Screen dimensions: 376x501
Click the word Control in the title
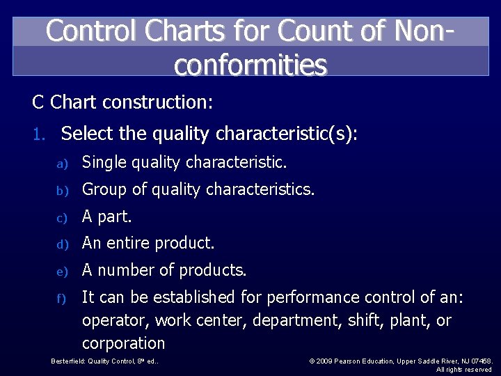point(87,31)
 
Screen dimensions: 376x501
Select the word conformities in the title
point(250,65)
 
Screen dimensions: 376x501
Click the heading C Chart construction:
point(122,103)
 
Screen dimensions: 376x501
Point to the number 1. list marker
point(39,134)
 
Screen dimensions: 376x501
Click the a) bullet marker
point(61,164)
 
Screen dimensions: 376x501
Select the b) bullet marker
point(61,190)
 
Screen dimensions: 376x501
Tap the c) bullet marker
point(61,217)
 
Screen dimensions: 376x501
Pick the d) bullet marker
point(61,244)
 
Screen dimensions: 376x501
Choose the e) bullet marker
point(61,271)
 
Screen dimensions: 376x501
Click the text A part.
point(106,217)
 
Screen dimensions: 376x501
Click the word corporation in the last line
point(123,344)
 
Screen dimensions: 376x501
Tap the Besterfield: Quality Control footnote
point(105,361)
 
